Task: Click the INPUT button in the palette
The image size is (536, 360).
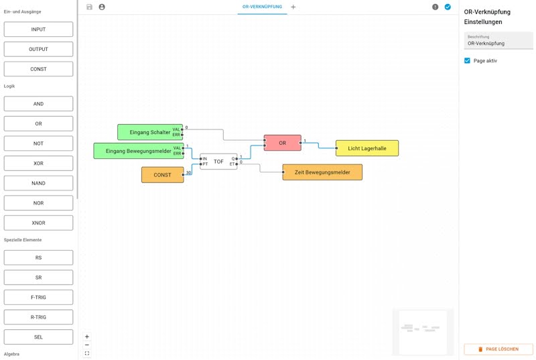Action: coord(38,29)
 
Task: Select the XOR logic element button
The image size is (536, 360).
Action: coord(38,164)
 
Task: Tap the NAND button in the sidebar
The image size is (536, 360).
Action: coord(38,183)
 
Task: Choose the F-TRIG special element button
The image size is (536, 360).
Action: coord(38,298)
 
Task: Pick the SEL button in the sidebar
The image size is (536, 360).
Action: coord(38,337)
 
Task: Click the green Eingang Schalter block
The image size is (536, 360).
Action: coord(150,132)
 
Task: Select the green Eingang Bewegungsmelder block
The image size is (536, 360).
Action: coord(139,151)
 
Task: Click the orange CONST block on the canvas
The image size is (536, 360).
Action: coord(162,175)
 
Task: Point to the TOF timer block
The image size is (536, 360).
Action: coord(218,162)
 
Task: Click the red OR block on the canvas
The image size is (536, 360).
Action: coord(282,143)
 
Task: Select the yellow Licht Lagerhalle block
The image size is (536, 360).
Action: coord(367,148)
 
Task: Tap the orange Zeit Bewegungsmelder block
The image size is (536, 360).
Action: coord(322,172)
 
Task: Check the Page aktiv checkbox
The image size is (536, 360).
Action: coord(467,60)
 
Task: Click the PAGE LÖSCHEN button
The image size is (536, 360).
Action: coord(498,349)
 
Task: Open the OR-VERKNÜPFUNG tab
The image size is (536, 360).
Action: coord(262,7)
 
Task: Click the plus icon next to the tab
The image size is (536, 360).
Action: coord(293,7)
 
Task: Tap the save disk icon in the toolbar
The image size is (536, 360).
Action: coord(90,7)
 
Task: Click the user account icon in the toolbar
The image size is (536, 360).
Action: coord(102,7)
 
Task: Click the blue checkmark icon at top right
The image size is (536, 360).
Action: coord(448,7)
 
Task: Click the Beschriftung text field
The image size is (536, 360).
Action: coord(498,41)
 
